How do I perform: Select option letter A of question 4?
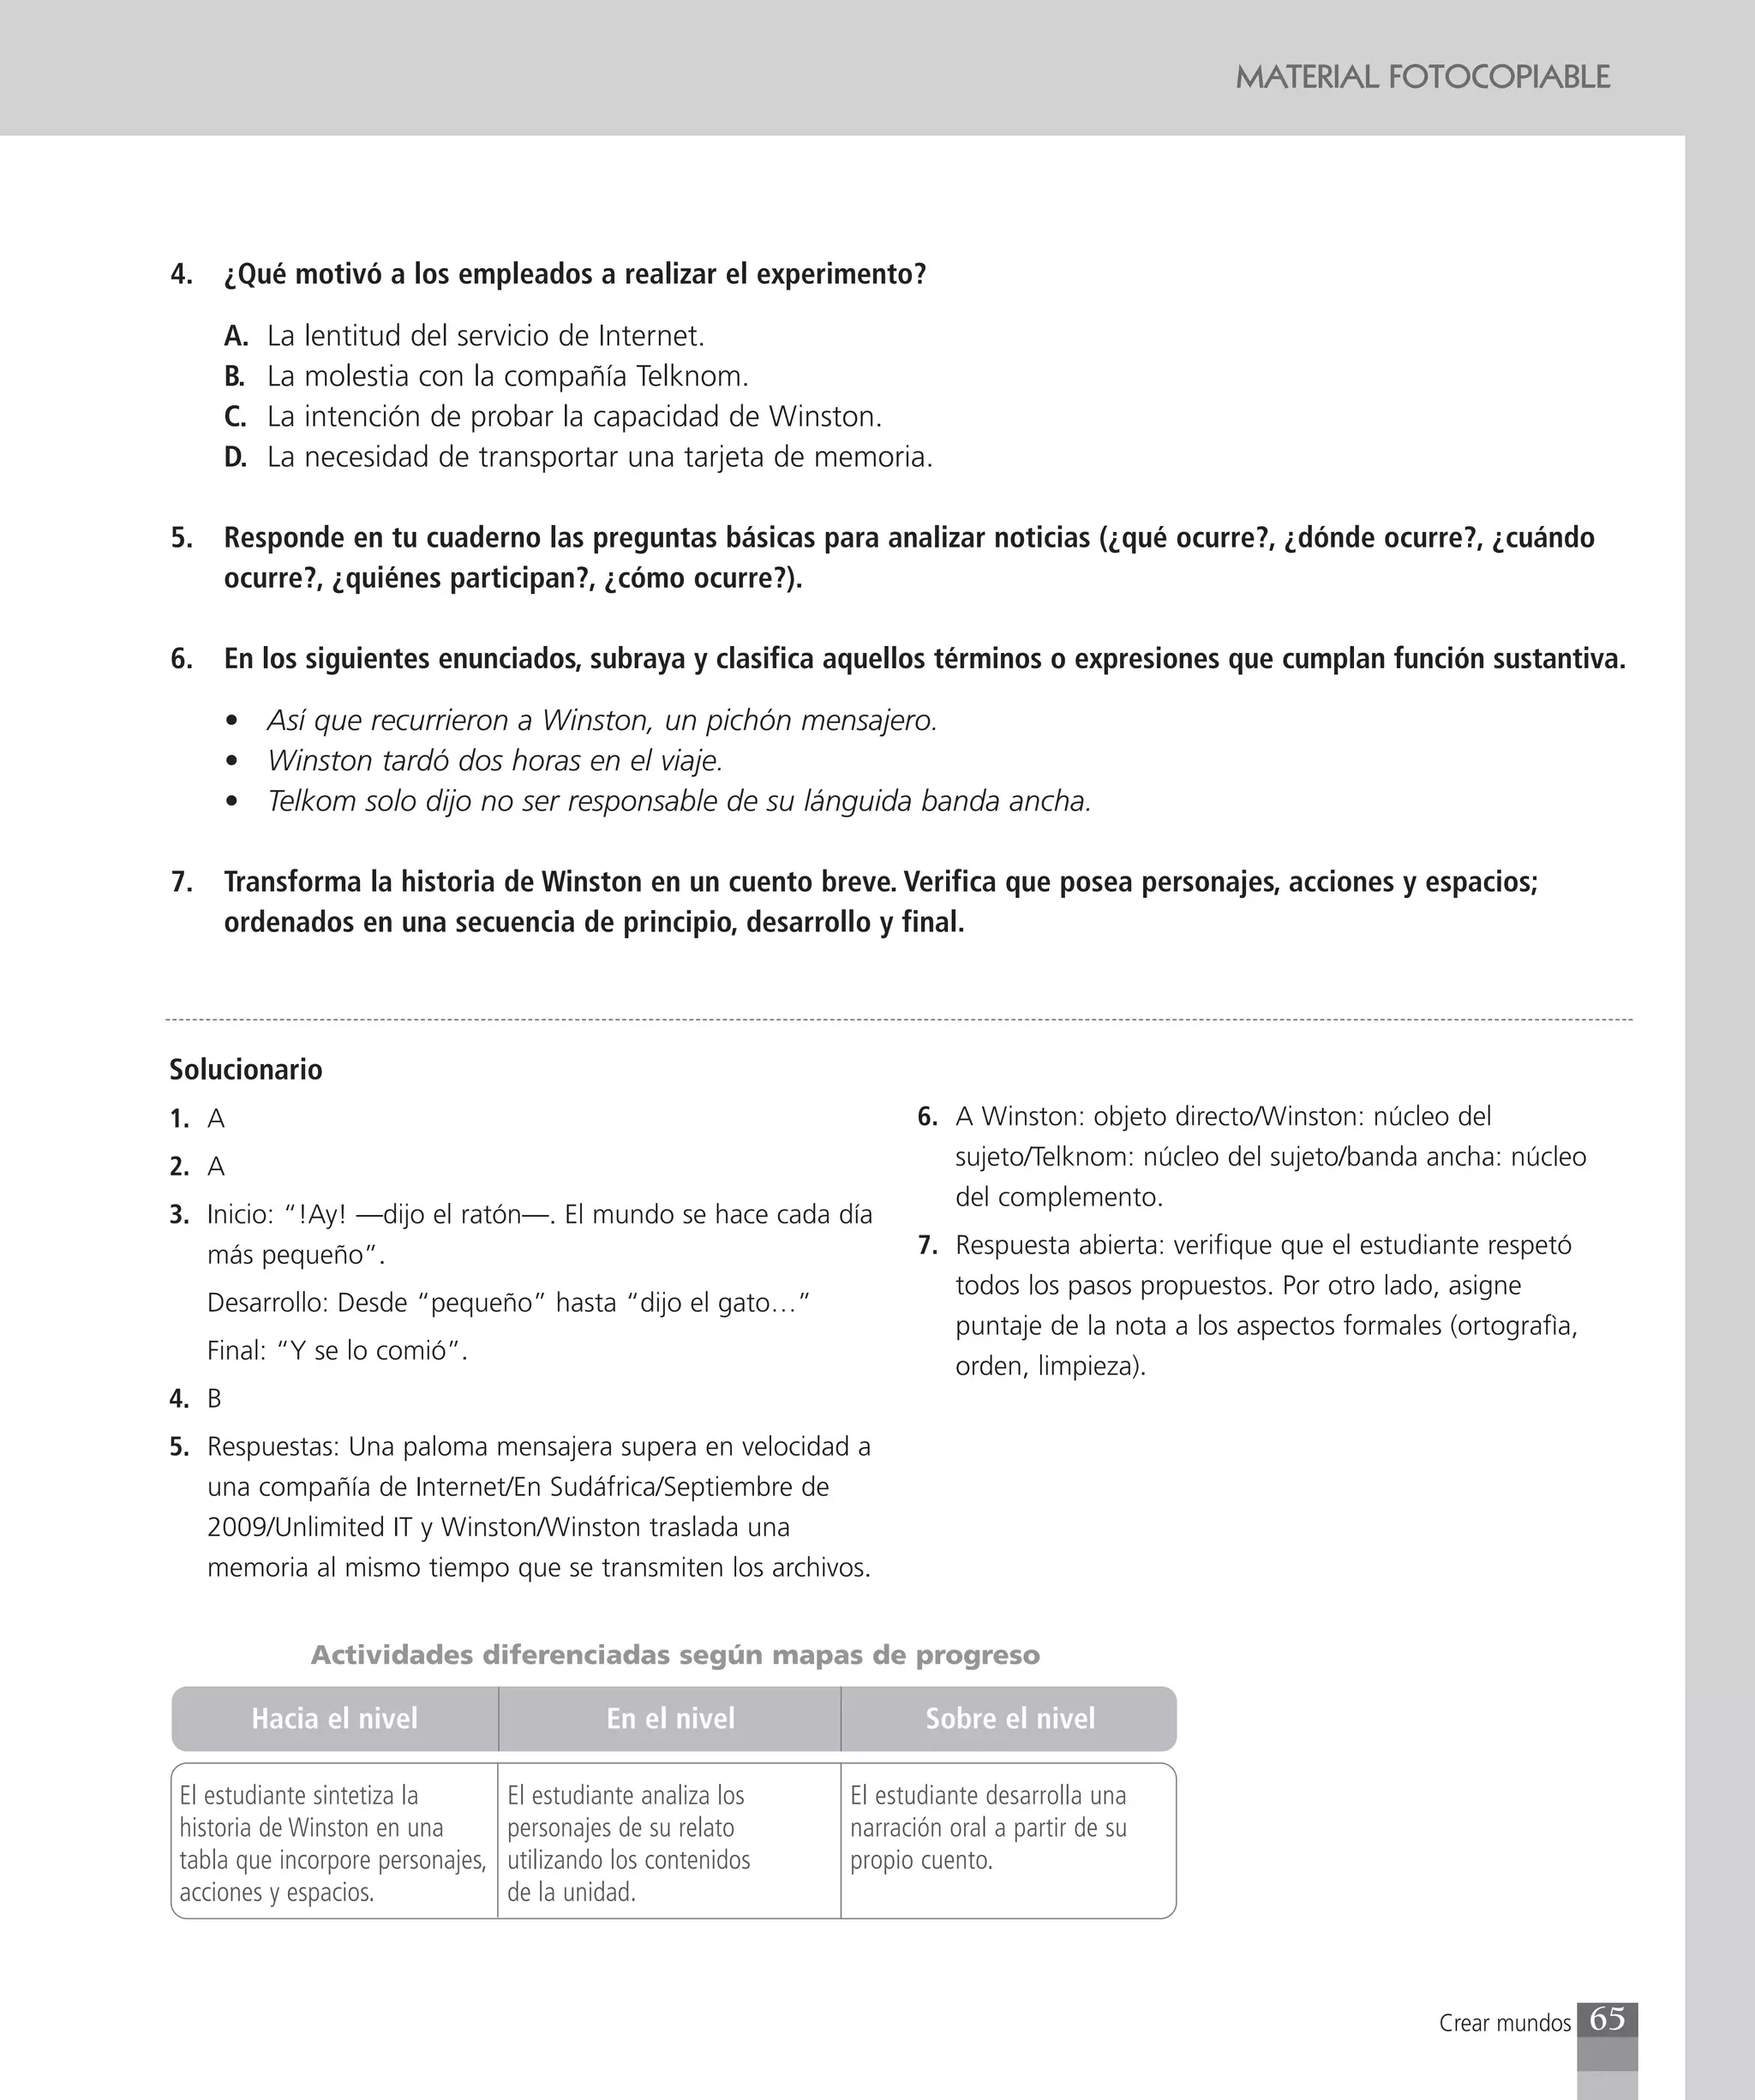click(236, 336)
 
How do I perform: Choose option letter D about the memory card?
click(235, 458)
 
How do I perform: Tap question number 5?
click(181, 538)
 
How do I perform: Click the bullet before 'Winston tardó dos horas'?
click(233, 761)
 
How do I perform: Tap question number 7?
click(181, 882)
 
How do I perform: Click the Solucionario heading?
click(246, 1070)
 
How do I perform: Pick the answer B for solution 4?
click(214, 1399)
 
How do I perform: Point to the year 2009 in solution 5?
click(238, 1527)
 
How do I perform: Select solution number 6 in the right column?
click(927, 1117)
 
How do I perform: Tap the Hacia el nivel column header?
click(334, 1718)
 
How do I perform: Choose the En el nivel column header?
click(670, 1718)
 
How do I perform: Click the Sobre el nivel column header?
click(1010, 1718)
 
